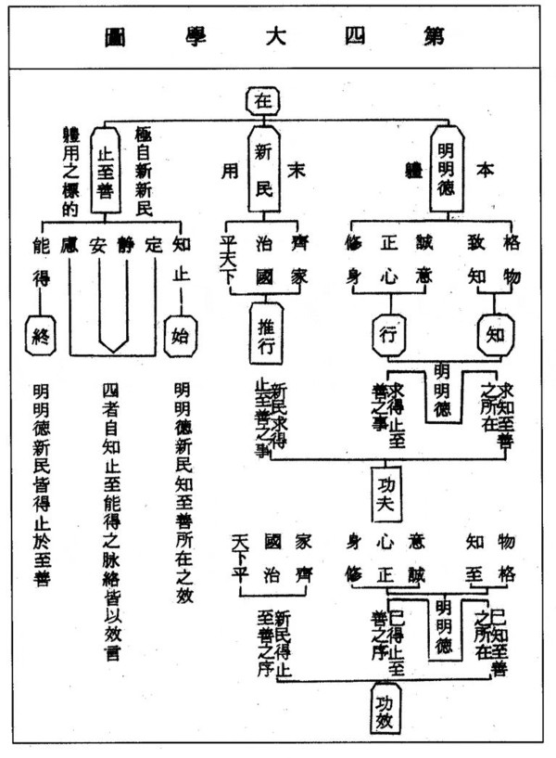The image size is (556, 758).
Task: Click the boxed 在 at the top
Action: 262,101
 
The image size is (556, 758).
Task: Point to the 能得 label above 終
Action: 40,262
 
